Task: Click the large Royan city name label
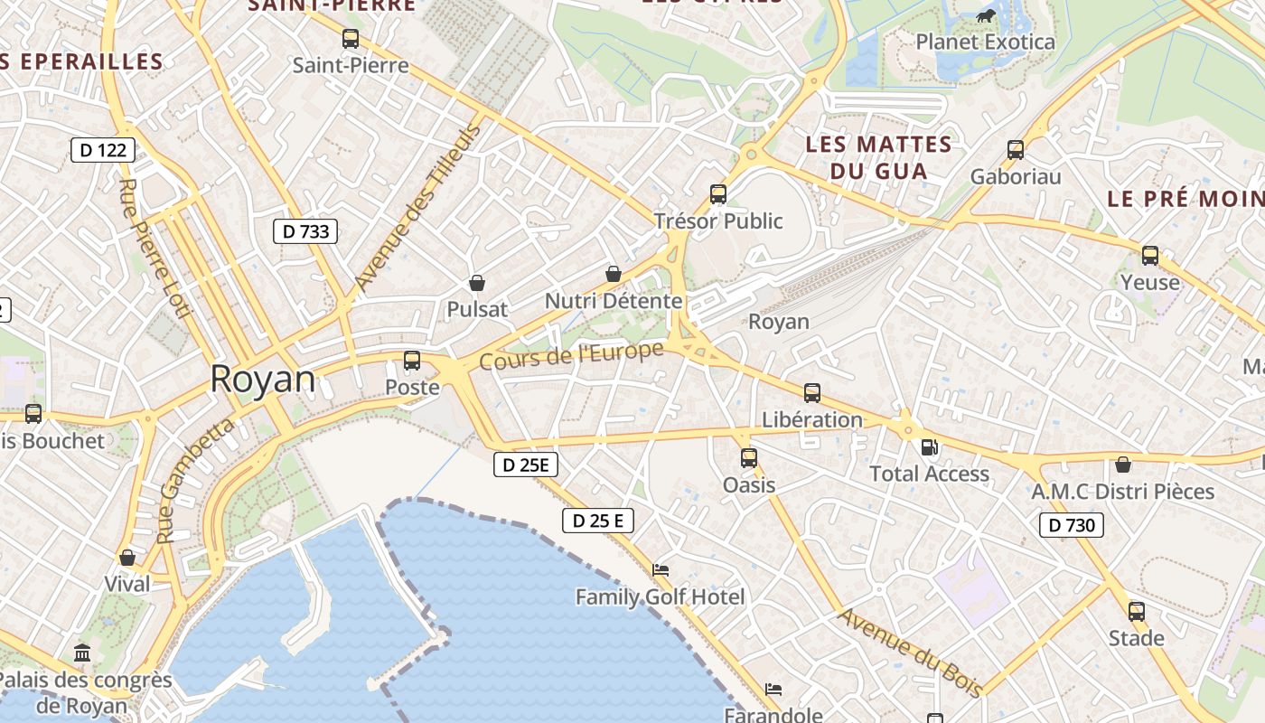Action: tap(263, 380)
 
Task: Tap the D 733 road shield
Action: tap(305, 231)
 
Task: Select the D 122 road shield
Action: tap(103, 150)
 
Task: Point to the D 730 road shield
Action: tap(1071, 525)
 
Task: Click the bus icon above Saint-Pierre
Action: tap(351, 39)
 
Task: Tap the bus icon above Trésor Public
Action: tap(718, 194)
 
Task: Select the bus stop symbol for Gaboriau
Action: tap(1016, 150)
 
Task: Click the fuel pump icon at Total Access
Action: tap(929, 447)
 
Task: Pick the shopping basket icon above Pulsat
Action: tap(477, 283)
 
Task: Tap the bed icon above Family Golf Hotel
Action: tap(661, 570)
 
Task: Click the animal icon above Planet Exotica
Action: tap(986, 15)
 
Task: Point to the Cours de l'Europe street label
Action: tap(571, 355)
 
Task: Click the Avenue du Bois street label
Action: tap(910, 653)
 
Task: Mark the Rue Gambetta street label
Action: tap(195, 480)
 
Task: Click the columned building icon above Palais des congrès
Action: tap(82, 653)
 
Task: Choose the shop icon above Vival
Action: tap(127, 558)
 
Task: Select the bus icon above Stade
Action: tap(1137, 612)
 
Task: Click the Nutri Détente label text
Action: tap(614, 301)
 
